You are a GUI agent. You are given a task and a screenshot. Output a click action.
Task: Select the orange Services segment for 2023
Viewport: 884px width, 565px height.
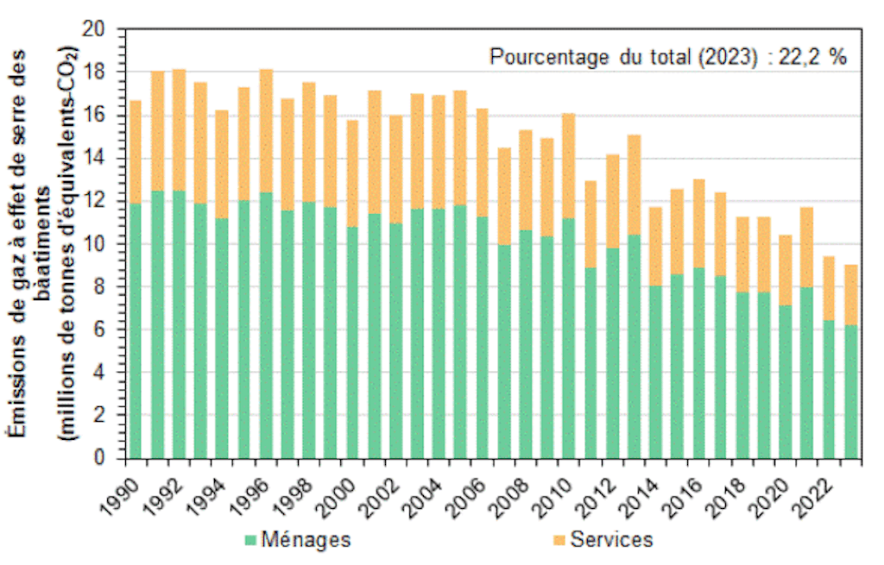coord(850,294)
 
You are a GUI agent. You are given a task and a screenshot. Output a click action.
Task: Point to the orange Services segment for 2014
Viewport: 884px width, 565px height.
coord(655,247)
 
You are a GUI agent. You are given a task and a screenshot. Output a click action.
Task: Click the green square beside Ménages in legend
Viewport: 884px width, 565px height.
coord(250,541)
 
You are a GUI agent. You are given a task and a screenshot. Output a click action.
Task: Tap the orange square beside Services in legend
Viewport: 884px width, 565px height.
coord(559,541)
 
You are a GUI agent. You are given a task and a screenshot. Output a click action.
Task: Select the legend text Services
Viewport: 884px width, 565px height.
coord(610,540)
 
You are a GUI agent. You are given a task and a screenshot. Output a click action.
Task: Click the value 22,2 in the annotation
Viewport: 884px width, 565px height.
coord(801,57)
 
